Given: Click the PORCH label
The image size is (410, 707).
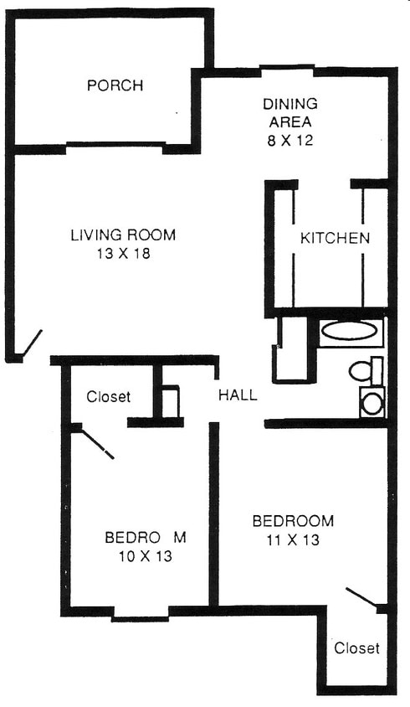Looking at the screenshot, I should point(115,85).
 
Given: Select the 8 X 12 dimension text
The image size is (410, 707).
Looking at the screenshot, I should point(290,140).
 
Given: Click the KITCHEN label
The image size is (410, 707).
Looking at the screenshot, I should point(335,239).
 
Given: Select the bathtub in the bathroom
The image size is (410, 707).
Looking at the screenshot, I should point(351,332).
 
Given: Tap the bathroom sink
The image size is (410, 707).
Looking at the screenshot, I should point(372,403).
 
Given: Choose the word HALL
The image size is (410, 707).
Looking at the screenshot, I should point(238,395).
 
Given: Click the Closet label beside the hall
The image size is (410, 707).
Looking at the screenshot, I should point(108,397).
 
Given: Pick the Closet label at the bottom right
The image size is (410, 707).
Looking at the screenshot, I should point(356,648).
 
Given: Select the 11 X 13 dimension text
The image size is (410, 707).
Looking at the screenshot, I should point(293,540).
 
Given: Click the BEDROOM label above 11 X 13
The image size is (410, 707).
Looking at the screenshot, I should point(293,521).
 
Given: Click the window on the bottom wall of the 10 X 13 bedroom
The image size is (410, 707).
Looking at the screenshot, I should point(140,618).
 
